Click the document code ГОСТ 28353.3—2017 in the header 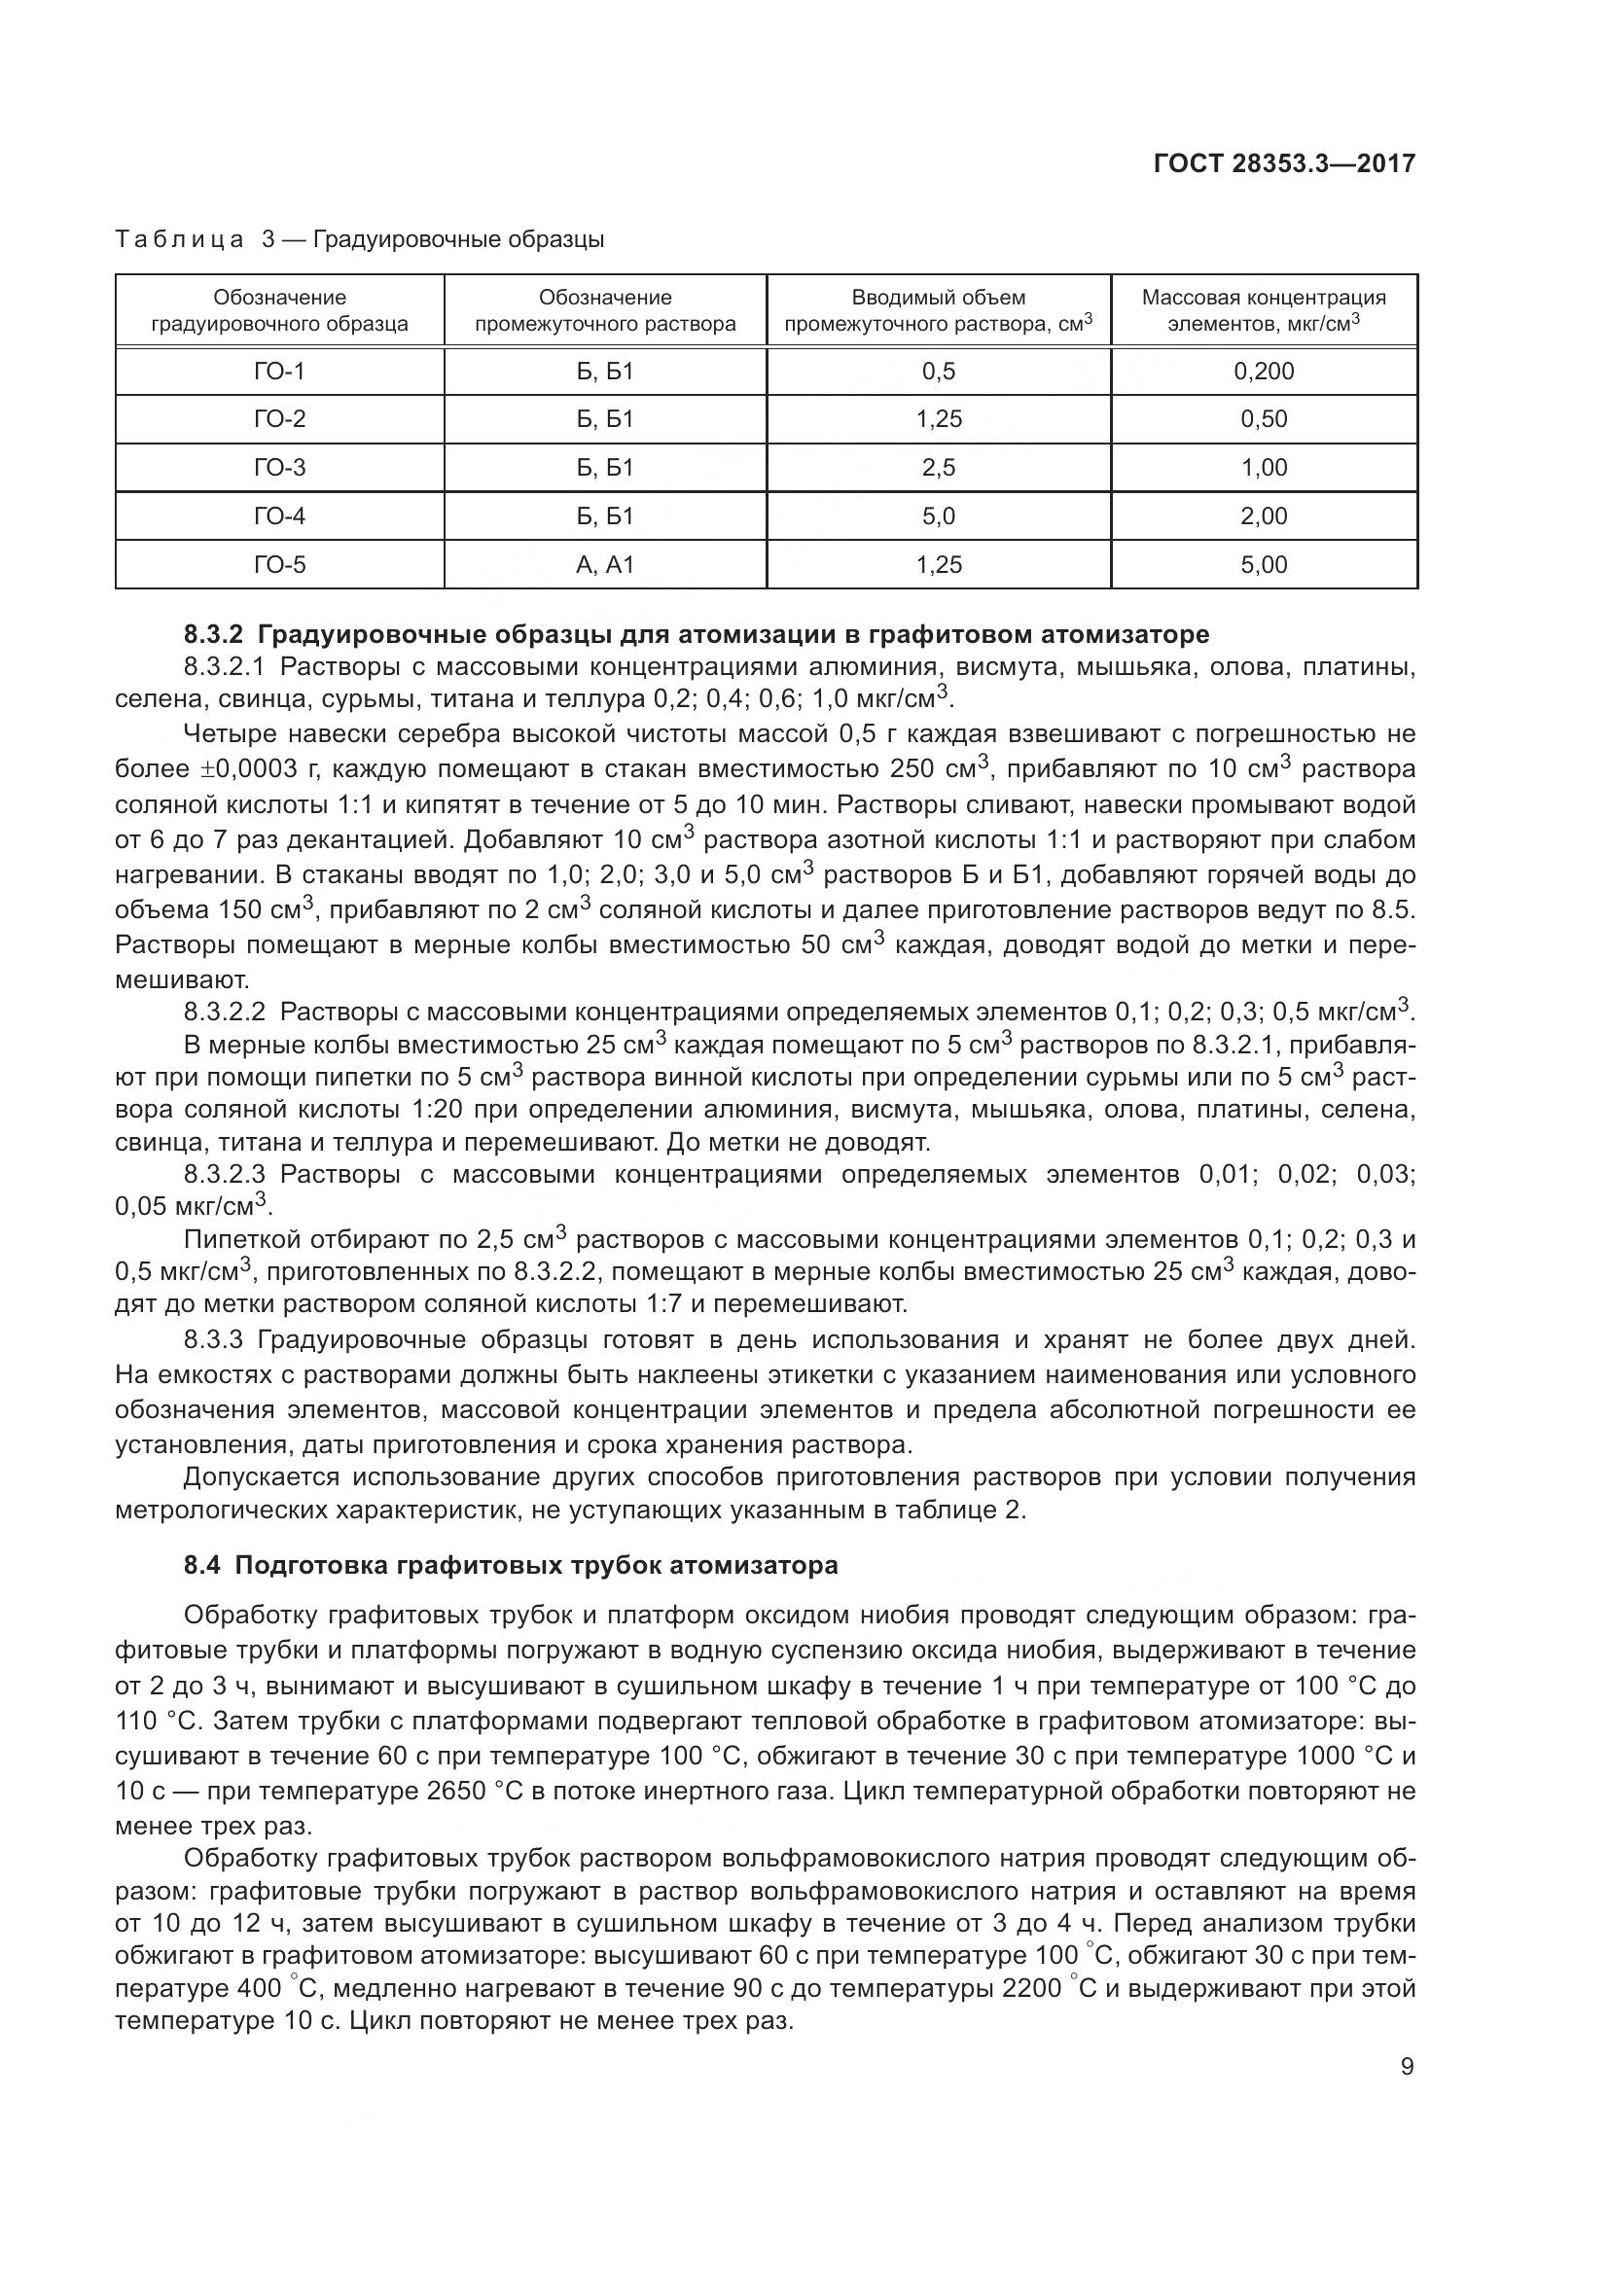pos(1284,163)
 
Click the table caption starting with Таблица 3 pos(360,240)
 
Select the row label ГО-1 pos(279,372)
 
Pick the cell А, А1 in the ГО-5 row pos(604,565)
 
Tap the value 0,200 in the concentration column pos(1264,372)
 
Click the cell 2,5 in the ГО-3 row pos(938,468)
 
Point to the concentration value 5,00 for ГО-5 pos(1264,565)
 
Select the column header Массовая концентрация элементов pos(1264,310)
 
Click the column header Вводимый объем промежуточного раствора pos(938,310)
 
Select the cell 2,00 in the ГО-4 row pos(1264,516)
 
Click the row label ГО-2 pos(279,420)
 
